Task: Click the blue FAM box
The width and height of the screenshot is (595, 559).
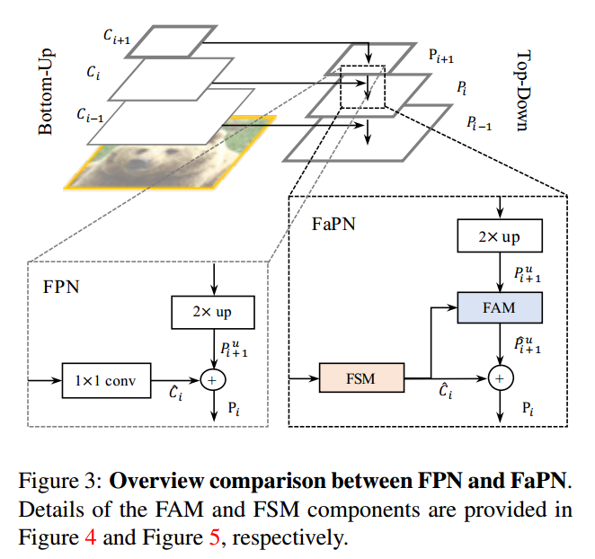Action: (x=499, y=307)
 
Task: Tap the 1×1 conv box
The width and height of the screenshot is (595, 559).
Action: (x=106, y=380)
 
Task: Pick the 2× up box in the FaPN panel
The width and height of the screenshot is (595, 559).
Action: (x=500, y=236)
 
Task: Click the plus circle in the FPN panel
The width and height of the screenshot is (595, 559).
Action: (x=214, y=380)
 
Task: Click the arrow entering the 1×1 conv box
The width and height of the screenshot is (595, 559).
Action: (x=45, y=380)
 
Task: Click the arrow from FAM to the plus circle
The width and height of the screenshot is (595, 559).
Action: (x=500, y=345)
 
